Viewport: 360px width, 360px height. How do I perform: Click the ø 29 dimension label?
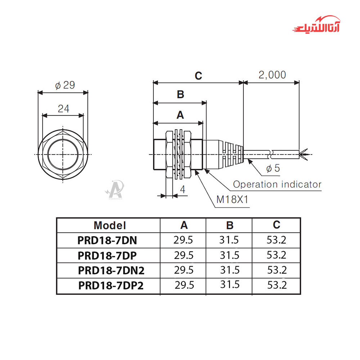coord(65,85)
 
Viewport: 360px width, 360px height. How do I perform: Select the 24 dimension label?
coord(63,109)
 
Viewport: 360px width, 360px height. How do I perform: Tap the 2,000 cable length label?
coord(272,75)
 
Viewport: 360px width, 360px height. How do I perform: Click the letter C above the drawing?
coord(198,76)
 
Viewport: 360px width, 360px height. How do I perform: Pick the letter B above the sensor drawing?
coord(180,94)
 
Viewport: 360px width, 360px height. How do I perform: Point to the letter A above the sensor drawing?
coord(180,115)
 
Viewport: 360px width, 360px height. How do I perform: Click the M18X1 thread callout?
coord(232,199)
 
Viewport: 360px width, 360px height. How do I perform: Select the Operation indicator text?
coord(277,184)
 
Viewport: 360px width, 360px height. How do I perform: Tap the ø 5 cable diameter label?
coord(273,168)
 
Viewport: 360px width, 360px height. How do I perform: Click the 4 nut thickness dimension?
coord(183,189)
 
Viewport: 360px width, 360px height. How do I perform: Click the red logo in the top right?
coord(316,25)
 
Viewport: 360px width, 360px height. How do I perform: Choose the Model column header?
coord(110,225)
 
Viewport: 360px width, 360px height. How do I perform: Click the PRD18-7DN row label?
coord(107,240)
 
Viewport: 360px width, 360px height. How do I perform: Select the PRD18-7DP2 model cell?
coord(111,285)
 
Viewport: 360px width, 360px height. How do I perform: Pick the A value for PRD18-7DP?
coord(184,255)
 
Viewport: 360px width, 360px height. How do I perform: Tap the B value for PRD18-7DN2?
coord(230,270)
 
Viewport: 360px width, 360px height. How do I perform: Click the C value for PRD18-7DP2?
coord(277,285)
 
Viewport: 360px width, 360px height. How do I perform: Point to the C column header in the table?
coord(276,225)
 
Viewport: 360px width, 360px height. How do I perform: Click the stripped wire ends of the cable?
coord(304,154)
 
